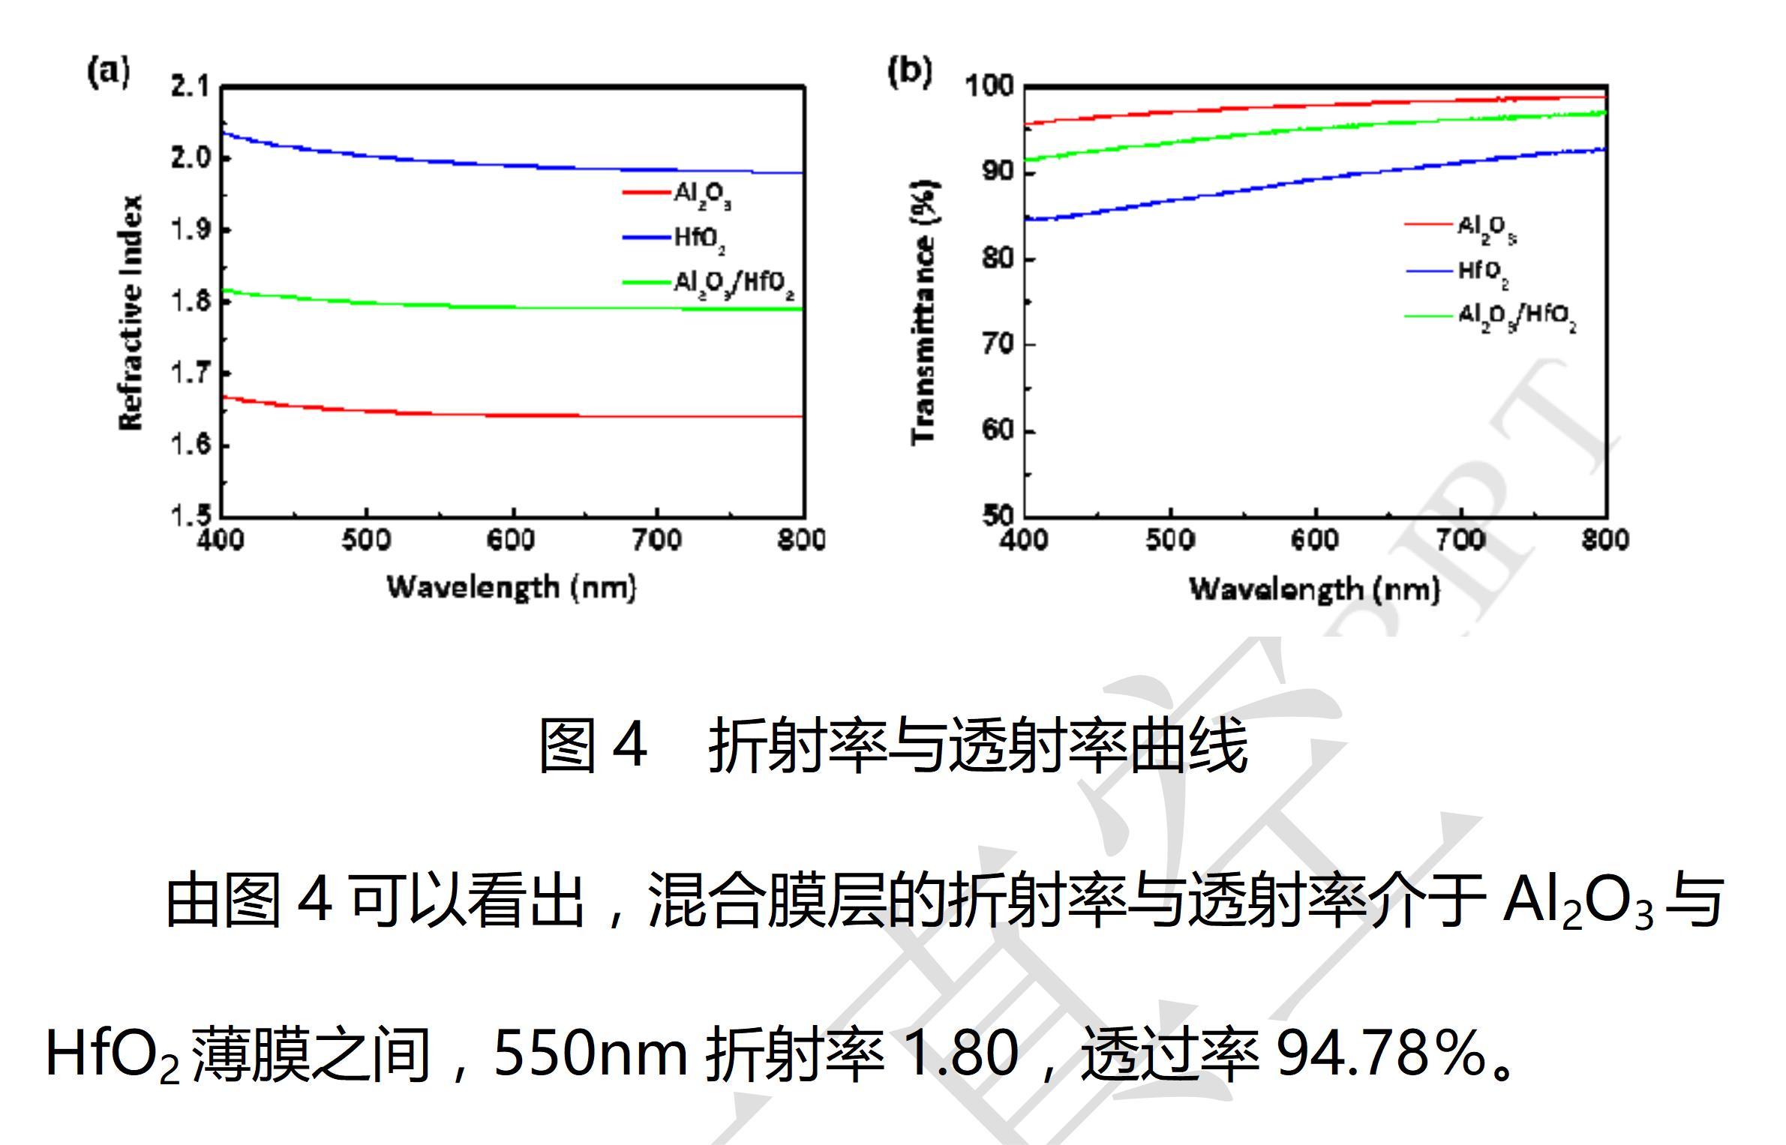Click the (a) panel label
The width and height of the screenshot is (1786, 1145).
109,72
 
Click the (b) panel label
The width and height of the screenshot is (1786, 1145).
909,72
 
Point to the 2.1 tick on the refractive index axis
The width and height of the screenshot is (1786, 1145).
191,87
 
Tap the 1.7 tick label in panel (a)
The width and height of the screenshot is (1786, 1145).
191,373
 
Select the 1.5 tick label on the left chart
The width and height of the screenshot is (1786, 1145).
191,516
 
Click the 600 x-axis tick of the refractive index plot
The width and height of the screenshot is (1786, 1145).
511,540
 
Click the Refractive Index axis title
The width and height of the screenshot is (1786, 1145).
131,313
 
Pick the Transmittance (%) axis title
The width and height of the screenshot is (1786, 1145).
924,313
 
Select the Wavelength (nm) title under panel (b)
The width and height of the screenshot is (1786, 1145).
1314,589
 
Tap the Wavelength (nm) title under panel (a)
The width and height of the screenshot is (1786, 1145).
511,587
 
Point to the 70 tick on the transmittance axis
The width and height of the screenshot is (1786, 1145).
998,345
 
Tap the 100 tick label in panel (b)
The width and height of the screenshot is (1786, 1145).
989,87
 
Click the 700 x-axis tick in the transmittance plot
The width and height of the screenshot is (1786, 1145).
1460,540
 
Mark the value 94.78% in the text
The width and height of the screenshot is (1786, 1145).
1381,1054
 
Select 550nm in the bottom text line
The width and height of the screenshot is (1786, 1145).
590,1054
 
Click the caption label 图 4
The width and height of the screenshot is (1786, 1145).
593,745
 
